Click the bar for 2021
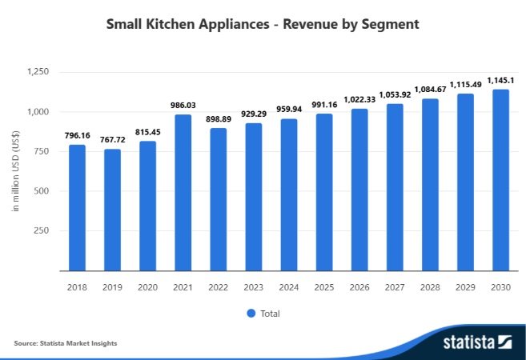tap(183, 193)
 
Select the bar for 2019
tap(112, 210)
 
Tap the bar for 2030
tap(500, 180)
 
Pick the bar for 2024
tap(288, 195)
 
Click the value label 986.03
tap(183, 105)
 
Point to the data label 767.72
tap(112, 139)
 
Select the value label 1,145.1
tap(500, 80)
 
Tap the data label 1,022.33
tap(359, 99)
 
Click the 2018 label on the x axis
tap(77, 286)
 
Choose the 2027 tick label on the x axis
tap(395, 286)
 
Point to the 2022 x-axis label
tap(218, 286)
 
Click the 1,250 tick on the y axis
tap(38, 72)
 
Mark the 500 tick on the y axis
tap(43, 191)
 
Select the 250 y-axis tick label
tap(43, 230)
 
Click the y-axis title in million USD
tap(15, 172)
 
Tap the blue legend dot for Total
tap(251, 313)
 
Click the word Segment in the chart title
tap(390, 25)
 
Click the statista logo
tap(477, 342)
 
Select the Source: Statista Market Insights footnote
tap(66, 343)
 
